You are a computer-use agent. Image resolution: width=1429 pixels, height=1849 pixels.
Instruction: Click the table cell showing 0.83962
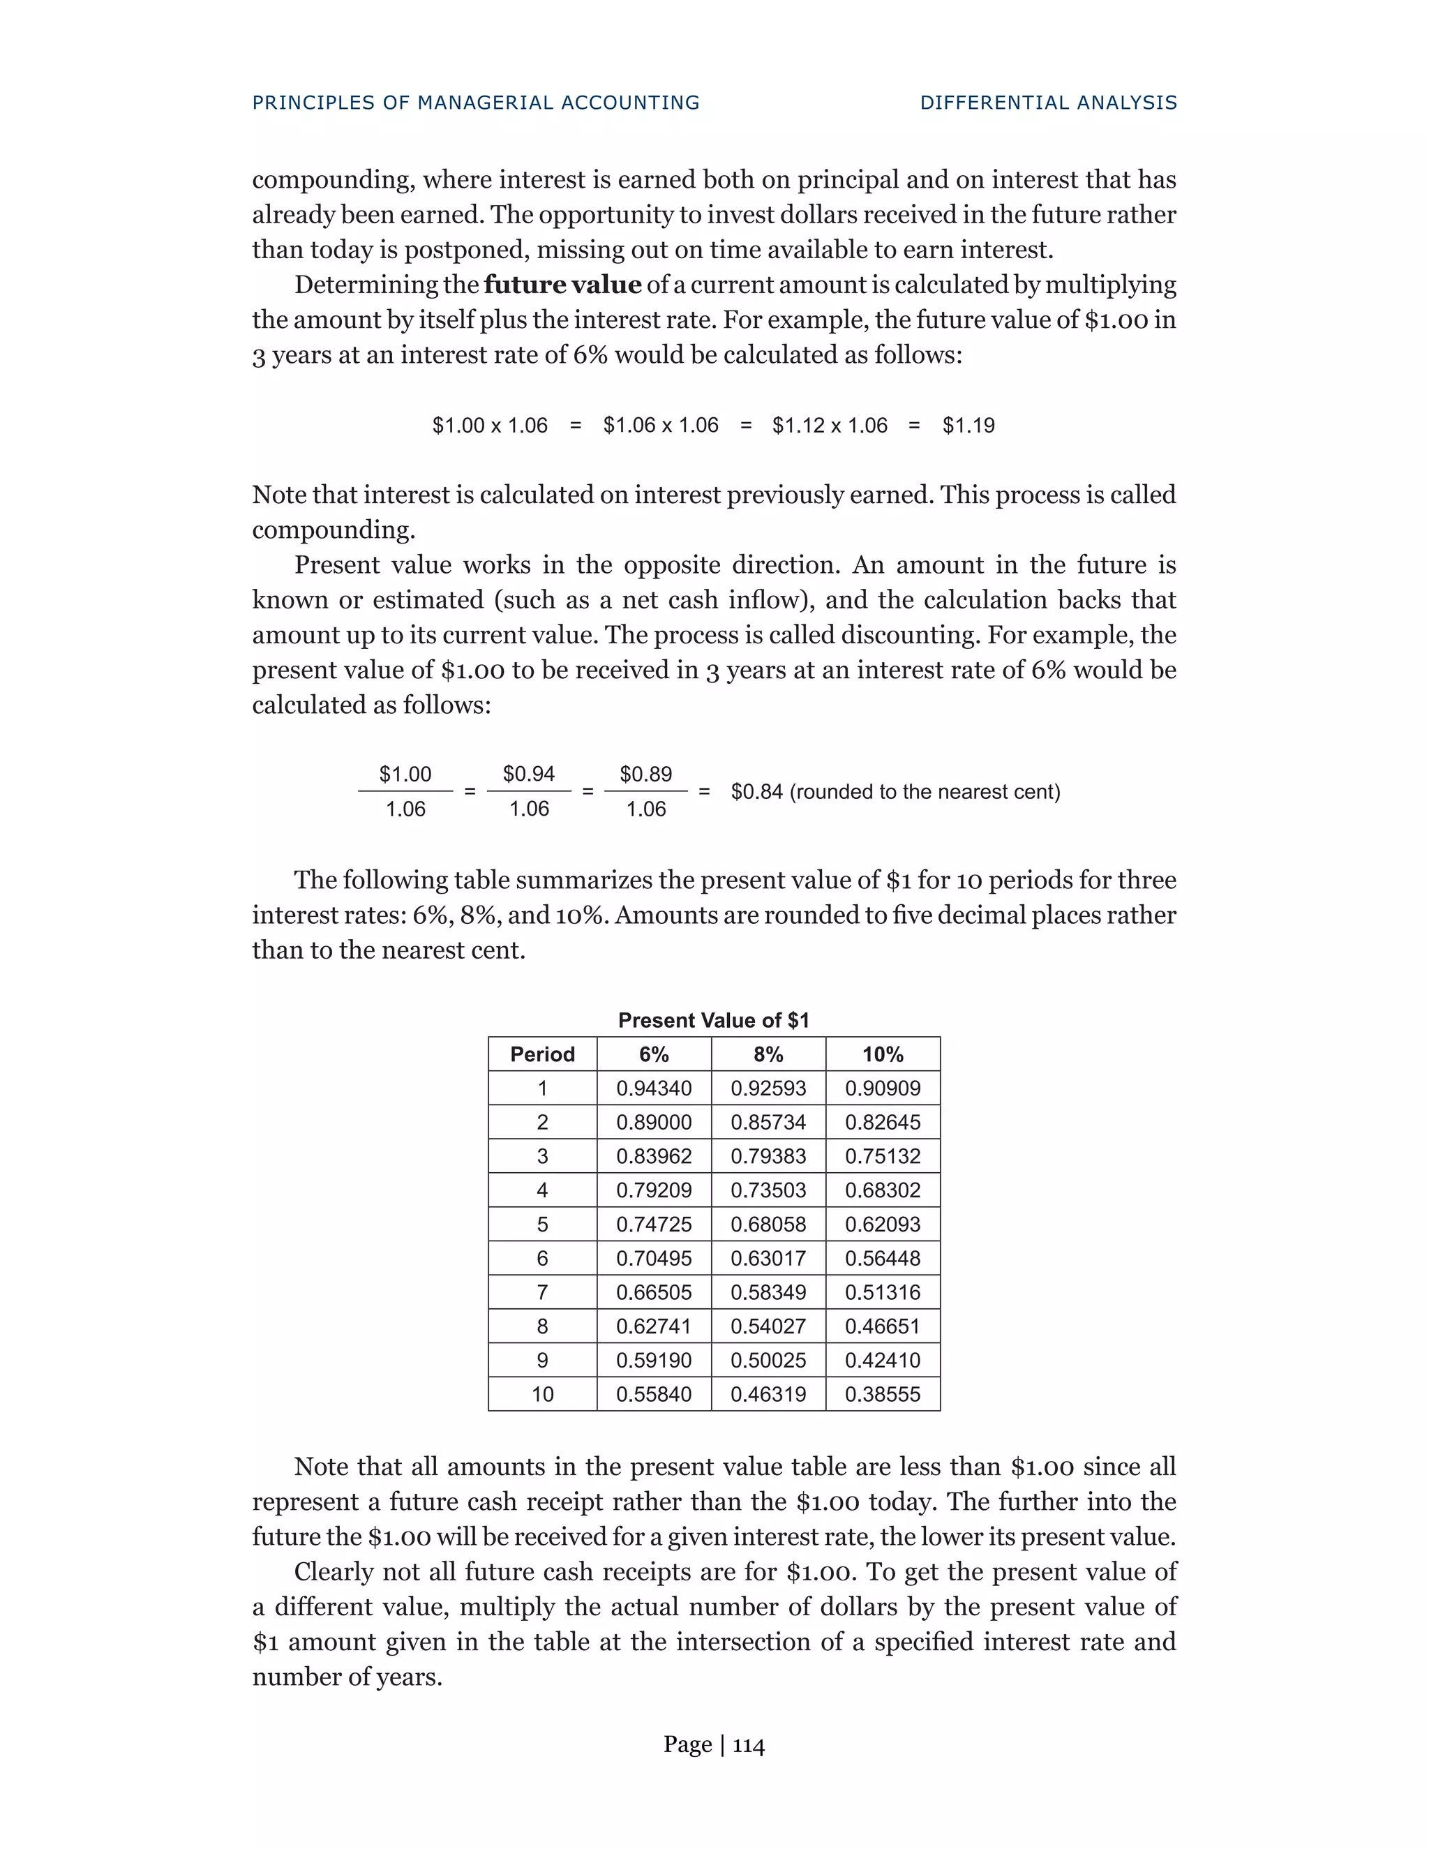654,1155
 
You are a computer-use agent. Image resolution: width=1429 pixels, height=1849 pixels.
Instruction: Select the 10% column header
882,1054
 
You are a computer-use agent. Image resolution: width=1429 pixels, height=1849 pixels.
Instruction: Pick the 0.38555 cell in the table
882,1393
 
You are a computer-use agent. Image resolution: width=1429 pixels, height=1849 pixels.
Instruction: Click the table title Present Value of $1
714,1020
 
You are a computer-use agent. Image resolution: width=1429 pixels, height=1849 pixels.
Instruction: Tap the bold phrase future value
562,285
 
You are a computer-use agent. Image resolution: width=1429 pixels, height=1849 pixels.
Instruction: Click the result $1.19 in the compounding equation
968,425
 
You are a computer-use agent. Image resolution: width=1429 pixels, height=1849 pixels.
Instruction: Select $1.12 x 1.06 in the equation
830,425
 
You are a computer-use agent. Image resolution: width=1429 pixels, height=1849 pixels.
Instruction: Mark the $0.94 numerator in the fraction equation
528,774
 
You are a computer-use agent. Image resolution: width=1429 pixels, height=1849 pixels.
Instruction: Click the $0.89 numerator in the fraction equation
645,774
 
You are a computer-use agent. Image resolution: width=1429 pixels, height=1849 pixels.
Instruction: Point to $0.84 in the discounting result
756,792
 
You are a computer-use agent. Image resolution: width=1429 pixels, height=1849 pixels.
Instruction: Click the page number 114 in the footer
749,1745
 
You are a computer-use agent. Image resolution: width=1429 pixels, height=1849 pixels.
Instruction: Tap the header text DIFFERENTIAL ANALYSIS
1048,103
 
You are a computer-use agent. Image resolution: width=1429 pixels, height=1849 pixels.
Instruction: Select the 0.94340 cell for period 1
654,1088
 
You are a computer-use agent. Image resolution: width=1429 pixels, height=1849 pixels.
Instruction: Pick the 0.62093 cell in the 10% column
882,1225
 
